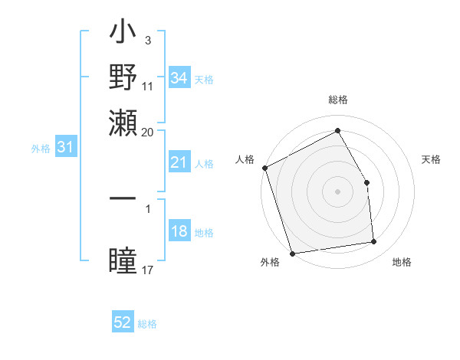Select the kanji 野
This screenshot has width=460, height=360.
[123, 77]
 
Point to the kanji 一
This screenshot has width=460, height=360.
[123, 198]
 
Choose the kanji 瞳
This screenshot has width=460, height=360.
[123, 260]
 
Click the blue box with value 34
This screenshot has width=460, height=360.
[179, 78]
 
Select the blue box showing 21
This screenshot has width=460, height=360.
[179, 163]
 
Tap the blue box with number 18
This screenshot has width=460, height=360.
[179, 232]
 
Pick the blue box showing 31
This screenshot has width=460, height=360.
[64, 148]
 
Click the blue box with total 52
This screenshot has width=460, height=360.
[123, 322]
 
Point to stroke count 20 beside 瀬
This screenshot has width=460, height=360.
[147, 132]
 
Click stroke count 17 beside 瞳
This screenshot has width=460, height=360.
[148, 270]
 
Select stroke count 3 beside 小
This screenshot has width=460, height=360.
[147, 40]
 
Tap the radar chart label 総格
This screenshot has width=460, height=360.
[337, 100]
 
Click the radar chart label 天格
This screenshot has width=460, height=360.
[431, 159]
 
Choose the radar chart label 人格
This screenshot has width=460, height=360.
[245, 159]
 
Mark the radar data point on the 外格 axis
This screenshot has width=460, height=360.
[292, 254]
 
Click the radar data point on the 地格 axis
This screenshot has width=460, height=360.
[374, 242]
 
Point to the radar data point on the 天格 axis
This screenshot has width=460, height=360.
[366, 182]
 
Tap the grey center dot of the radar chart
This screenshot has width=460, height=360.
[337, 191]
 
